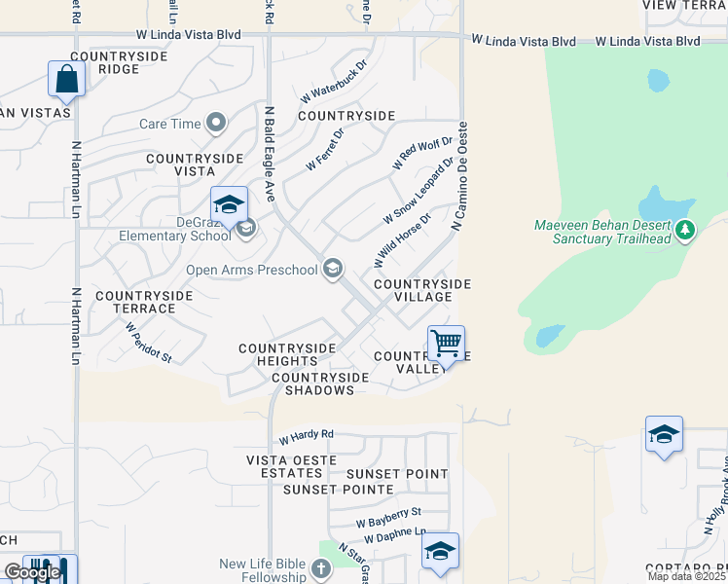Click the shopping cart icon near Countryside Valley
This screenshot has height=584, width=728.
(x=446, y=343)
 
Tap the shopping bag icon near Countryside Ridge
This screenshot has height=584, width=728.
(x=66, y=79)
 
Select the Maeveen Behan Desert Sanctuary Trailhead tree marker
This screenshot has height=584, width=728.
(x=686, y=231)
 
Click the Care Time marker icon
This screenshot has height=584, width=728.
(x=216, y=124)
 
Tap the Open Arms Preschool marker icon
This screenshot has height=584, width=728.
(x=333, y=269)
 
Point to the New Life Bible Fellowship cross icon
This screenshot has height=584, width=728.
(x=322, y=568)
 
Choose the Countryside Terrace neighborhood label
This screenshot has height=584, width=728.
(x=135, y=301)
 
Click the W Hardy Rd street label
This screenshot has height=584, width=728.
(x=306, y=435)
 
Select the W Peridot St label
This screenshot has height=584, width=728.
(x=148, y=343)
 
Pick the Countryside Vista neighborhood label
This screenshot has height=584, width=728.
(x=194, y=164)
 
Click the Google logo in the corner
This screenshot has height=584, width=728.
(x=32, y=572)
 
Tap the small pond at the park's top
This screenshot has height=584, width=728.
(x=658, y=80)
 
